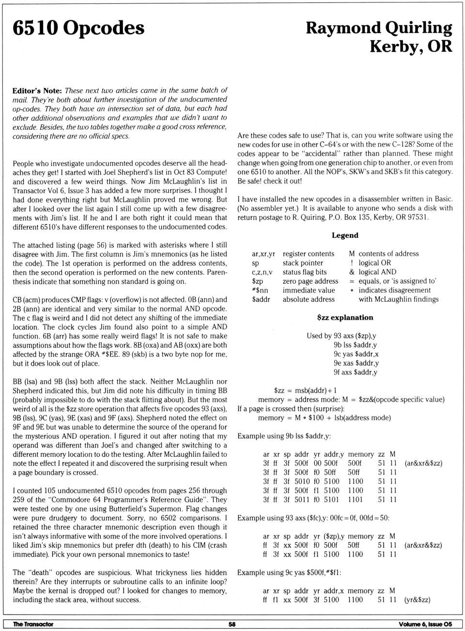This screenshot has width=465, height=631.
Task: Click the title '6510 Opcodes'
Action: [x=78, y=29]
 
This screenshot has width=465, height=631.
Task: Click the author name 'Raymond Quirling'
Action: [x=379, y=28]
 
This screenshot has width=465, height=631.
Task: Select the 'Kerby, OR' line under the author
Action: [x=411, y=46]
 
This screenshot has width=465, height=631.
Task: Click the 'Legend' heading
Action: [x=345, y=235]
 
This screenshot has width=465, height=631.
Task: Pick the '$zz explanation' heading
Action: [x=345, y=318]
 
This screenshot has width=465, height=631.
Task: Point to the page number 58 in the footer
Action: [x=232, y=624]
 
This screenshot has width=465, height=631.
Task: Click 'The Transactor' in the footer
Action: [x=33, y=624]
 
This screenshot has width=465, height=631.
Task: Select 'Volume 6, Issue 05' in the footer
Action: [x=425, y=624]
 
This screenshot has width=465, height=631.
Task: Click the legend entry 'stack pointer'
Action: [x=303, y=263]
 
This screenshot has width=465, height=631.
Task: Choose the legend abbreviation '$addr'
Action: [x=261, y=299]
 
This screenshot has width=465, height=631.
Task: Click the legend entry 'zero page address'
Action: [x=310, y=281]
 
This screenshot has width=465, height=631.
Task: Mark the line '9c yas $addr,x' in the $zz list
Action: [x=356, y=354]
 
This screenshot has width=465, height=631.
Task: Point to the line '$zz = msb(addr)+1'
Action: [x=305, y=390]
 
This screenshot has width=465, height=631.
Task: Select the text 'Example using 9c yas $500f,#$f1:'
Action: [x=289, y=572]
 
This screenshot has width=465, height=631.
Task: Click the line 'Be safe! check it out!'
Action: [x=269, y=181]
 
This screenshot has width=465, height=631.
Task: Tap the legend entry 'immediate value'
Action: [x=309, y=291]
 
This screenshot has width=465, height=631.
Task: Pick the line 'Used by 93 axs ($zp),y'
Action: [x=341, y=336]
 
